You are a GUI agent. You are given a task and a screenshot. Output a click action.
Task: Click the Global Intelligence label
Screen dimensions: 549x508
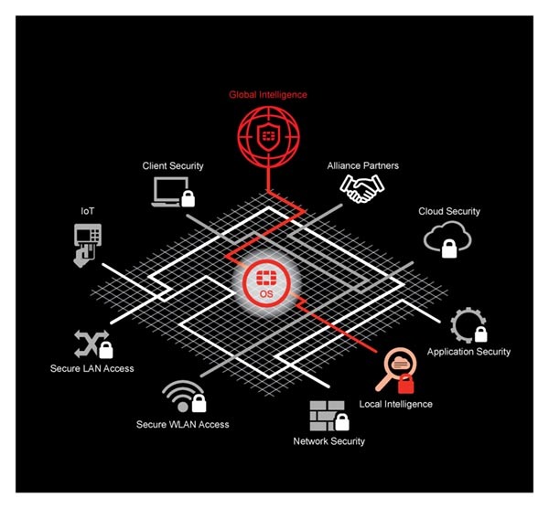coord(268,95)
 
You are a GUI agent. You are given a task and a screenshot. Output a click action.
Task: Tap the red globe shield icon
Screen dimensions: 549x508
coord(268,137)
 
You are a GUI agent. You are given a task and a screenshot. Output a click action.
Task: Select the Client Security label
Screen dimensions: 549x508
coord(173,165)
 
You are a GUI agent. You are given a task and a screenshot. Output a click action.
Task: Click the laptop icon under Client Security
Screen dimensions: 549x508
coord(173,192)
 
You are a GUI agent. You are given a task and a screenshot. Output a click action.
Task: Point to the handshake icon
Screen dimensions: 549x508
coord(362,188)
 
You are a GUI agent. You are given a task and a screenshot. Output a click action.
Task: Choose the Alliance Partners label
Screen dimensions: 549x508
coord(362,165)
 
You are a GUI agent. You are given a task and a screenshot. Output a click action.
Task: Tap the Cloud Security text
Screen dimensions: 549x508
coord(449,211)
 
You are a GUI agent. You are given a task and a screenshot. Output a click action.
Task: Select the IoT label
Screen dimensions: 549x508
coord(88,211)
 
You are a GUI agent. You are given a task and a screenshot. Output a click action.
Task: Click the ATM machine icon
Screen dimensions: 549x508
coord(87,245)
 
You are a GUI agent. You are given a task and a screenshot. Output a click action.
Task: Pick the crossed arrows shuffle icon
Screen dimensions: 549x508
coord(93,344)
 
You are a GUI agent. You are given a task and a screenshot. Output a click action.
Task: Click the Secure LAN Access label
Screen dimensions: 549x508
coord(92,368)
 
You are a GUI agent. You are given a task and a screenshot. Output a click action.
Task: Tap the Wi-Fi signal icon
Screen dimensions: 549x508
coord(184,397)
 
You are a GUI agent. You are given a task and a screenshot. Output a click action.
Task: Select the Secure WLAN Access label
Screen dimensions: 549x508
coord(182,425)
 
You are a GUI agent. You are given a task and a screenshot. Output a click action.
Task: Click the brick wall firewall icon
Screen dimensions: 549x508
coord(329,416)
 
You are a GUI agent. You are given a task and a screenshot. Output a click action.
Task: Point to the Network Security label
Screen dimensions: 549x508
coord(328,441)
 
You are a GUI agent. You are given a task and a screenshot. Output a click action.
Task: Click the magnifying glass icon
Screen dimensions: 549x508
coord(396,371)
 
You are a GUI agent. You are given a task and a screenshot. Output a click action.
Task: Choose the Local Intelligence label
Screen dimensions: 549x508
coord(395,404)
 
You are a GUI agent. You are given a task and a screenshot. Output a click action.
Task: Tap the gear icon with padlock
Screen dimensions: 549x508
coord(468,325)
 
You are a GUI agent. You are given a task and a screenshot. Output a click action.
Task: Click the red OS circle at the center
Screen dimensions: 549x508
coord(267,283)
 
